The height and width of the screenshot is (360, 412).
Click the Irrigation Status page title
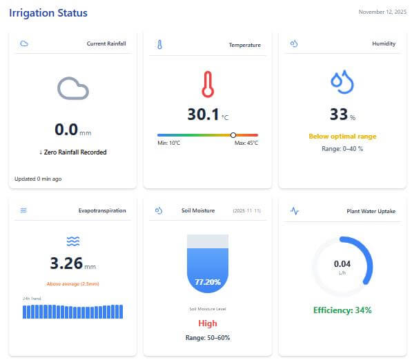coord(48,13)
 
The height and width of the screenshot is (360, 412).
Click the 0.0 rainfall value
coord(66,129)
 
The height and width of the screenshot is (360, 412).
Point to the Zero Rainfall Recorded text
coord(72,152)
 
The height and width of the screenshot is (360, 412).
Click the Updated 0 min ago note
coord(38,179)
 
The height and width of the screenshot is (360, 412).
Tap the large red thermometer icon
coord(207,83)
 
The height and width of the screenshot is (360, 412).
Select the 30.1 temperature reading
coord(203,114)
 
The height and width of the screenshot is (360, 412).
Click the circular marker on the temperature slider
coord(233,135)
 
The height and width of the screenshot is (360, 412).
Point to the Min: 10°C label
coord(169,143)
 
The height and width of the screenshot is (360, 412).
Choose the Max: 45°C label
coord(246,143)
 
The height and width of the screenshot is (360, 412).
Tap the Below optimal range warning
coord(342,137)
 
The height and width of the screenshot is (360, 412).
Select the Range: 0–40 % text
coord(342,149)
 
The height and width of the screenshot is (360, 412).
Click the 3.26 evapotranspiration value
coord(66,263)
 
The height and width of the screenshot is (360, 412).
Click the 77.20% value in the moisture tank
coord(207,282)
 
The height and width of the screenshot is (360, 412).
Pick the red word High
coord(207,323)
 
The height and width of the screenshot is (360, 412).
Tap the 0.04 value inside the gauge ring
coord(342,263)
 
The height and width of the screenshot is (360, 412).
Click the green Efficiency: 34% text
coord(342,310)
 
